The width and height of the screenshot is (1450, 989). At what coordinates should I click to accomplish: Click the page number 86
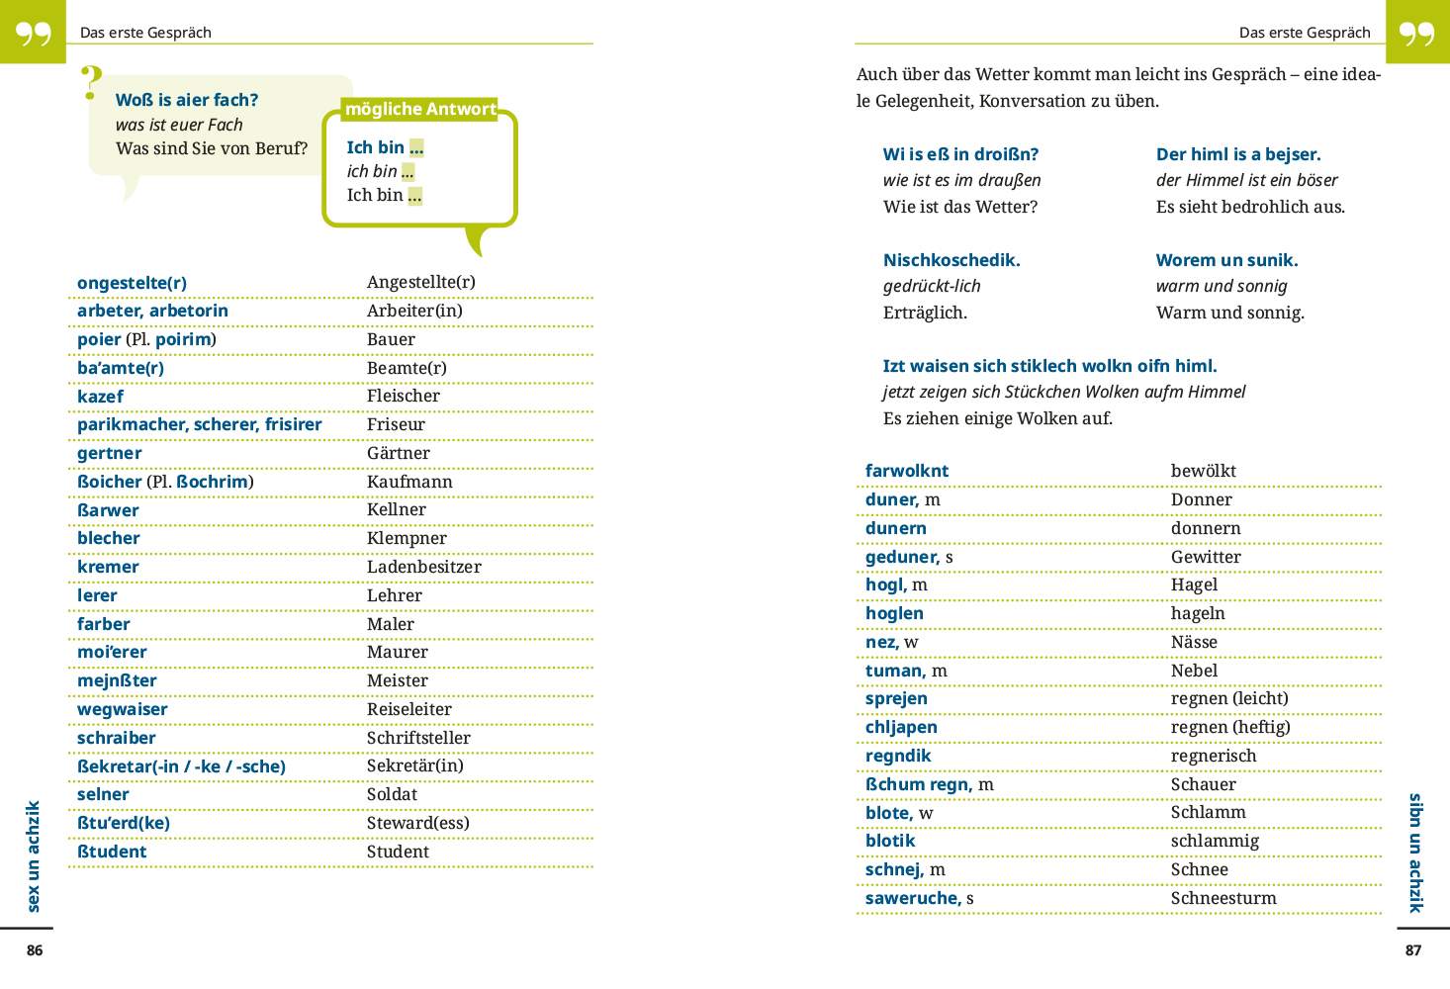(x=35, y=950)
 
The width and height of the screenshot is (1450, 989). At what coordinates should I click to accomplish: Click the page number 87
(x=1413, y=950)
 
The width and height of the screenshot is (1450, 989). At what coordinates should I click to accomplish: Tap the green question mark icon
(x=91, y=83)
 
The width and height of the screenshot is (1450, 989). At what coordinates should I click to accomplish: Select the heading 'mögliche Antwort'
(x=420, y=109)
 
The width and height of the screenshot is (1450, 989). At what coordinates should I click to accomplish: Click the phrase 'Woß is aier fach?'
(x=187, y=100)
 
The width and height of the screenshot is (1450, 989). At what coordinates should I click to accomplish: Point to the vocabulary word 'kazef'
(x=100, y=397)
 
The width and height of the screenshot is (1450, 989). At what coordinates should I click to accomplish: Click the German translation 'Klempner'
(x=407, y=538)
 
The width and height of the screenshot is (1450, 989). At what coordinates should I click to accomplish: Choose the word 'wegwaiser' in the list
(x=123, y=709)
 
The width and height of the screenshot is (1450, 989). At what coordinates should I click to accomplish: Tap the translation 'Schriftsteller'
(x=418, y=738)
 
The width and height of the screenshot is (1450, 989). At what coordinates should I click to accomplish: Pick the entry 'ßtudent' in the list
(x=112, y=852)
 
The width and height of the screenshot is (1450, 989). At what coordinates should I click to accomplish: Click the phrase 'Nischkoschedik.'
(x=952, y=260)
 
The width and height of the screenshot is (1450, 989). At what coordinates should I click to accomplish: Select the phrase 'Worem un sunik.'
(x=1226, y=260)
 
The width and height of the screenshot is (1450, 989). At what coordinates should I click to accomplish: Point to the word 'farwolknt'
(x=907, y=471)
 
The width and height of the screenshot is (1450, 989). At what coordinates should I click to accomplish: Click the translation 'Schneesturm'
(x=1223, y=898)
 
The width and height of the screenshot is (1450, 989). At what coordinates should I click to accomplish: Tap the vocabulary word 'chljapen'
(x=901, y=727)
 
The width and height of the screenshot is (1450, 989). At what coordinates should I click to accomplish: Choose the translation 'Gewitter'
(x=1206, y=557)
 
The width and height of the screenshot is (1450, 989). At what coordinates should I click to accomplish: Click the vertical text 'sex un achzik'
(x=34, y=856)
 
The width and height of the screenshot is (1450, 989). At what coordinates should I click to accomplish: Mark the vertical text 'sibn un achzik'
(x=1415, y=853)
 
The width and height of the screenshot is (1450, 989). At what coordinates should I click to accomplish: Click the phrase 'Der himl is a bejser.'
(x=1238, y=154)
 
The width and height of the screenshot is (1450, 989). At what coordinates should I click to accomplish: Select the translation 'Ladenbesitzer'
(x=423, y=567)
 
